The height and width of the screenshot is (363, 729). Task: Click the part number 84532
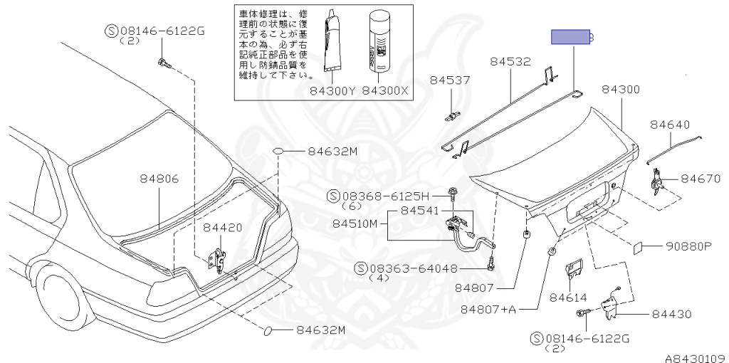pyautogui.click(x=510, y=62)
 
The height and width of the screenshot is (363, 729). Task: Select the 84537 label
pyautogui.click(x=450, y=80)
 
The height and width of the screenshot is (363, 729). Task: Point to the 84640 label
pyautogui.click(x=670, y=125)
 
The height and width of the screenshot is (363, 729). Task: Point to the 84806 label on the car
pyautogui.click(x=159, y=179)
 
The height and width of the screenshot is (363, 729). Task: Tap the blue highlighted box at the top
pyautogui.click(x=571, y=37)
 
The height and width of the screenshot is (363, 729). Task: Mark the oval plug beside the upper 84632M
pyautogui.click(x=279, y=152)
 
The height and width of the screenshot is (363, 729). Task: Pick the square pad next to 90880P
pyautogui.click(x=639, y=247)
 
